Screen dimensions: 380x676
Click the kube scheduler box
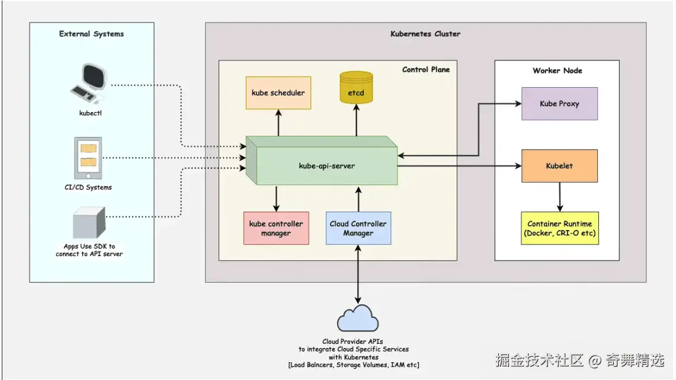[278, 92]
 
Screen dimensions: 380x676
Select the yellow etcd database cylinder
[356, 88]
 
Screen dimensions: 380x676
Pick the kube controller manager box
[276, 228]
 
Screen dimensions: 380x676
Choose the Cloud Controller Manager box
[358, 228]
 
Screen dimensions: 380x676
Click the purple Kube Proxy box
[559, 104]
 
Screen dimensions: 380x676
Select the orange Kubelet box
[559, 166]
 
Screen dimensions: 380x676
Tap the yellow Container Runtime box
[559, 228]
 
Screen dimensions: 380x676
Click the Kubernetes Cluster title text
[425, 34]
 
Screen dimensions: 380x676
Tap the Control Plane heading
[425, 69]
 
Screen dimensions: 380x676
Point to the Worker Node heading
[557, 71]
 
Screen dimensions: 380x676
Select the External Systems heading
[91, 34]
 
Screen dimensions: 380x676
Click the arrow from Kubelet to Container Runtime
[559, 197]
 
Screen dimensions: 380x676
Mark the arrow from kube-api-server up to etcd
[357, 122]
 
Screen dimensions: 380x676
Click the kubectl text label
[91, 112]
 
